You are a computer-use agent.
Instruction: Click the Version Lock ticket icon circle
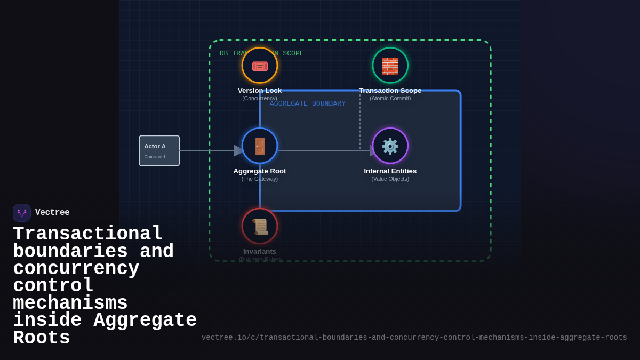pyautogui.click(x=260, y=66)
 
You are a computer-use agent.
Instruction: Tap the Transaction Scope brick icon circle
pyautogui.click(x=390, y=66)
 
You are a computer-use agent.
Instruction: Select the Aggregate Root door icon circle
pyautogui.click(x=260, y=146)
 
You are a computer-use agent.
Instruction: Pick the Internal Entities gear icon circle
pyautogui.click(x=390, y=146)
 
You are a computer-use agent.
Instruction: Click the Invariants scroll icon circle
pyautogui.click(x=260, y=226)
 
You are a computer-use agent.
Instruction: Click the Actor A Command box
pyautogui.click(x=159, y=151)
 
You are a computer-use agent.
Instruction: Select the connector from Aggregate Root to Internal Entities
pyautogui.click(x=323, y=151)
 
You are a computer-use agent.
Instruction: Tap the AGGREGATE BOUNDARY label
pyautogui.click(x=308, y=103)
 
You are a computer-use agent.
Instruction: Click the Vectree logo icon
pyautogui.click(x=22, y=213)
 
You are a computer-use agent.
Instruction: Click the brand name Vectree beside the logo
pyautogui.click(x=52, y=213)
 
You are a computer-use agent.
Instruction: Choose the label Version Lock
pyautogui.click(x=260, y=91)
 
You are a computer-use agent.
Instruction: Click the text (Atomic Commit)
pyautogui.click(x=390, y=99)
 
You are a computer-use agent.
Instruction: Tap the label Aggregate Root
pyautogui.click(x=260, y=171)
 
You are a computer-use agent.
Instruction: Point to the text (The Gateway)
pyautogui.click(x=260, y=179)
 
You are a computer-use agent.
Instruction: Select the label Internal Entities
pyautogui.click(x=390, y=171)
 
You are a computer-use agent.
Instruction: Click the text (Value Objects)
pyautogui.click(x=390, y=179)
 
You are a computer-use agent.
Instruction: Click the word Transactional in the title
pyautogui.click(x=88, y=234)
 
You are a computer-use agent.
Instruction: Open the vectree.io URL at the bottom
pyautogui.click(x=414, y=338)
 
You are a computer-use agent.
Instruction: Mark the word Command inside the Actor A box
pyautogui.click(x=155, y=157)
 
